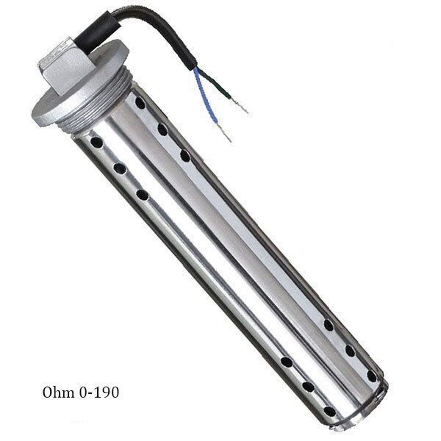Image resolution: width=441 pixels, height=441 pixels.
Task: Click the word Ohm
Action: pyautogui.click(x=58, y=392)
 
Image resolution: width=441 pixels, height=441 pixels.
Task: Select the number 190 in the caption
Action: pyautogui.click(x=105, y=392)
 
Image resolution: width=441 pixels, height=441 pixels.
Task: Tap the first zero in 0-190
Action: pyautogui.click(x=83, y=392)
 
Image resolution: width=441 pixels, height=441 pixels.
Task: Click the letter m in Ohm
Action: pyautogui.click(x=68, y=394)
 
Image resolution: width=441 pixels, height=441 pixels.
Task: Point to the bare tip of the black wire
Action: pyautogui.click(x=240, y=106)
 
